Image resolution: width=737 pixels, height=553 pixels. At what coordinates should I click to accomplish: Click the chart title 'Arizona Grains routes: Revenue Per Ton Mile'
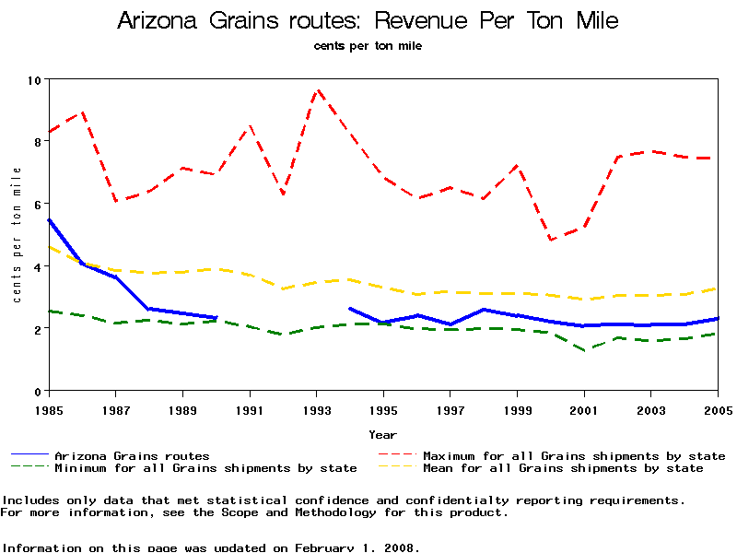[368, 20]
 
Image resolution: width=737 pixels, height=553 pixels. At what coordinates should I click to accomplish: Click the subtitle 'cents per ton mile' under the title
[368, 45]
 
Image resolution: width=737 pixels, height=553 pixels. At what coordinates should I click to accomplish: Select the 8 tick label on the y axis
[38, 142]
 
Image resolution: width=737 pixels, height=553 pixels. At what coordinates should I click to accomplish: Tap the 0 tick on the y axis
[38, 391]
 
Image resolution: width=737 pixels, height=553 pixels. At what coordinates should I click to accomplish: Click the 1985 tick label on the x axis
[49, 409]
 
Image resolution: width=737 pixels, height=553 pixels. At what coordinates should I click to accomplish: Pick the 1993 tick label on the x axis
[316, 409]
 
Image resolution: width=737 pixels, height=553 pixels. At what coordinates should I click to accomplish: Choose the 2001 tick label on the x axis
[584, 409]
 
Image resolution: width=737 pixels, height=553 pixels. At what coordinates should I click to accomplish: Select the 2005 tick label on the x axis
[718, 409]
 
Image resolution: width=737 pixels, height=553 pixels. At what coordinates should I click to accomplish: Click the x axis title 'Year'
[383, 434]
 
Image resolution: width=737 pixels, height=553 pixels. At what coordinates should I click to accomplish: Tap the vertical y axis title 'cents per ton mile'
[17, 235]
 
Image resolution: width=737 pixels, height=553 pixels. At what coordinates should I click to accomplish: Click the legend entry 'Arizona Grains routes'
[132, 455]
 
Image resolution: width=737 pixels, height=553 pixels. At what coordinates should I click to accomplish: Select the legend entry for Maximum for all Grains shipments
[573, 455]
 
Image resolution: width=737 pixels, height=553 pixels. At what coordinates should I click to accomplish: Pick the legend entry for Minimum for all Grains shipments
[205, 468]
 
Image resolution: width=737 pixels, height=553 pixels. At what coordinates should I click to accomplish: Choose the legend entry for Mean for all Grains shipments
[562, 468]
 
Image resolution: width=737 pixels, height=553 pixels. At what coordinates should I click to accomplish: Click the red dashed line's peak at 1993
[317, 89]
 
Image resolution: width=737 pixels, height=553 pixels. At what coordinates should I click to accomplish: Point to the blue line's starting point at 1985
[49, 220]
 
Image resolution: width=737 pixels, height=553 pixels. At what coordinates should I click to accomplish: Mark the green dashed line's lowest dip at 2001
[585, 350]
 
